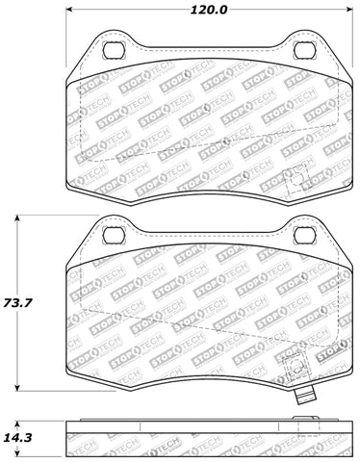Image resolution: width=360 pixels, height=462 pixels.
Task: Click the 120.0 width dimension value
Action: point(209,10)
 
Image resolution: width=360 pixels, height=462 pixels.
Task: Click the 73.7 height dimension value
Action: point(17,303)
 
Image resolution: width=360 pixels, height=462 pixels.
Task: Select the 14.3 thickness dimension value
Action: point(17,437)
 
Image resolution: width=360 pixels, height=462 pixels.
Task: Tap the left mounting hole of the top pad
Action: point(114,50)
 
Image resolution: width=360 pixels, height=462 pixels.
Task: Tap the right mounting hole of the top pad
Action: point(305,50)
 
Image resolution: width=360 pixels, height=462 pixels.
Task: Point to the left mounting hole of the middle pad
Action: point(114,235)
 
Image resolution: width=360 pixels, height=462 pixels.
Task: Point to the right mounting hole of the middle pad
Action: point(305,235)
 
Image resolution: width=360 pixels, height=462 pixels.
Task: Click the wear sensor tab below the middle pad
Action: point(305,397)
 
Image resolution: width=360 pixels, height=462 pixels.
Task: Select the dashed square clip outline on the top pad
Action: point(296,179)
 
